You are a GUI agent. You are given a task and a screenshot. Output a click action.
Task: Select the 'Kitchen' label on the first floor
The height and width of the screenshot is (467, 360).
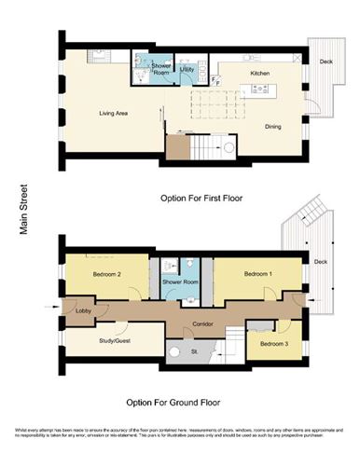click(260, 72)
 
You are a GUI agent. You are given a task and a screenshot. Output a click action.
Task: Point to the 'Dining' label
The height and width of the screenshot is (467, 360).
click(274, 126)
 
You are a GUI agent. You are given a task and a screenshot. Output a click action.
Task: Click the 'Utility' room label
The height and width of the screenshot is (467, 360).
click(187, 70)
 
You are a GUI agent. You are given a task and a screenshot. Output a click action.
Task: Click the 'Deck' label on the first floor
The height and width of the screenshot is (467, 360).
click(325, 62)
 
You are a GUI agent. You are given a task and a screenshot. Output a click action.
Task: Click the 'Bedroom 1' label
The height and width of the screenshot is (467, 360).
click(258, 275)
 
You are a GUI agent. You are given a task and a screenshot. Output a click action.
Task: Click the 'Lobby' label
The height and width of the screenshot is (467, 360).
click(83, 310)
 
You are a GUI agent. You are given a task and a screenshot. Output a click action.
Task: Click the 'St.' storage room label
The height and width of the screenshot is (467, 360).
click(195, 352)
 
